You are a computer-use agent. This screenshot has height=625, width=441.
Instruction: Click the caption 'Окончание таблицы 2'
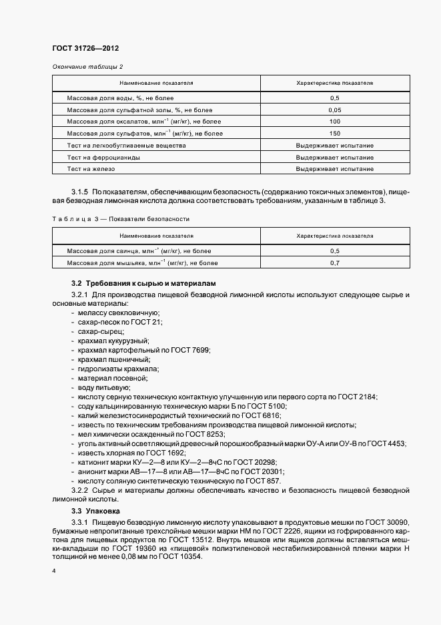tap(87, 67)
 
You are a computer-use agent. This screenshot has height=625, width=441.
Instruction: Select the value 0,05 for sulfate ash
tap(335, 110)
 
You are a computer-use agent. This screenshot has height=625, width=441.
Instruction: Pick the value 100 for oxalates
tap(335, 122)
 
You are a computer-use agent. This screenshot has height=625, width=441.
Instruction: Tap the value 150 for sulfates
tap(335, 134)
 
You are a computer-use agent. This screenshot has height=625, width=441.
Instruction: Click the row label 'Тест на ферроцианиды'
tap(103, 158)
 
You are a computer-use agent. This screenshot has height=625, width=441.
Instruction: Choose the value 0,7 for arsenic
tap(335, 263)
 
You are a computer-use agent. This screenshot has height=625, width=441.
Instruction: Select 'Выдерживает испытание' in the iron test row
tap(335, 170)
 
